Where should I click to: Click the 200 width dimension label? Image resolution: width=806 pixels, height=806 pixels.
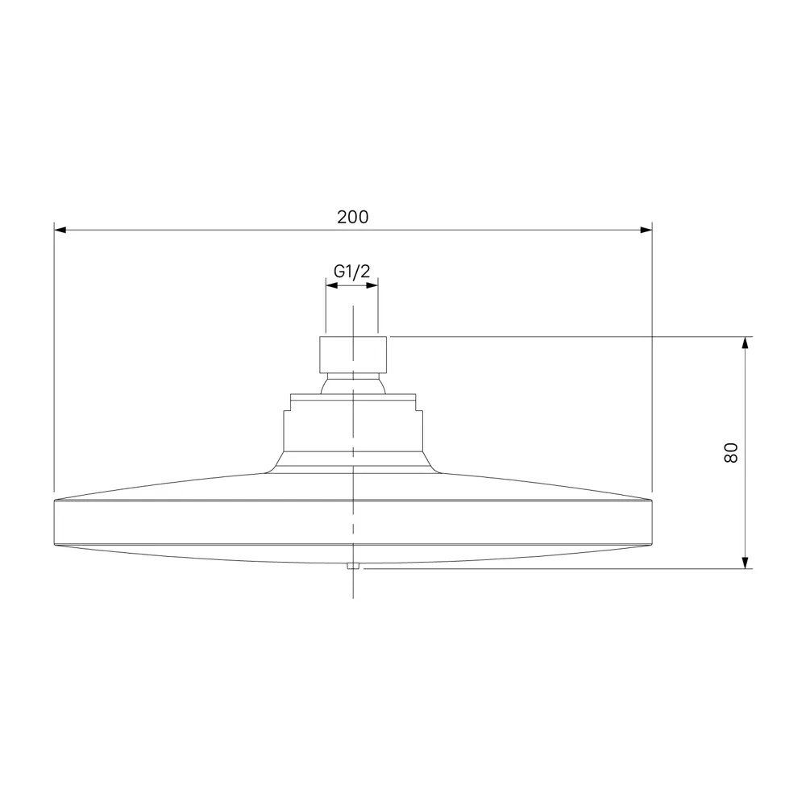(353, 217)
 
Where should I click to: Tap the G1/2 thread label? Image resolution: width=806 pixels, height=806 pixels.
(352, 271)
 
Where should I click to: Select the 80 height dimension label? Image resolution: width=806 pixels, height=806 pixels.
(731, 453)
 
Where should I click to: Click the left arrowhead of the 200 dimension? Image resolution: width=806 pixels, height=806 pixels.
(60, 230)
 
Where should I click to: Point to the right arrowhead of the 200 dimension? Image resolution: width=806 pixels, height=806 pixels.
(646, 230)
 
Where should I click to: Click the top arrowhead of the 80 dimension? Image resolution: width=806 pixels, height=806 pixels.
(746, 343)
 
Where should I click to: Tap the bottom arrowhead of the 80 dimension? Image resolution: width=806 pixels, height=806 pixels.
(746, 563)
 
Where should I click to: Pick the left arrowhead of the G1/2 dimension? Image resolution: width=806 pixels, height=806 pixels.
(332, 285)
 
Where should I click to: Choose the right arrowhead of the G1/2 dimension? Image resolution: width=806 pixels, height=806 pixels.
(372, 285)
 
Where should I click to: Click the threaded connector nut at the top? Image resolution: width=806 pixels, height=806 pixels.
(353, 355)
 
